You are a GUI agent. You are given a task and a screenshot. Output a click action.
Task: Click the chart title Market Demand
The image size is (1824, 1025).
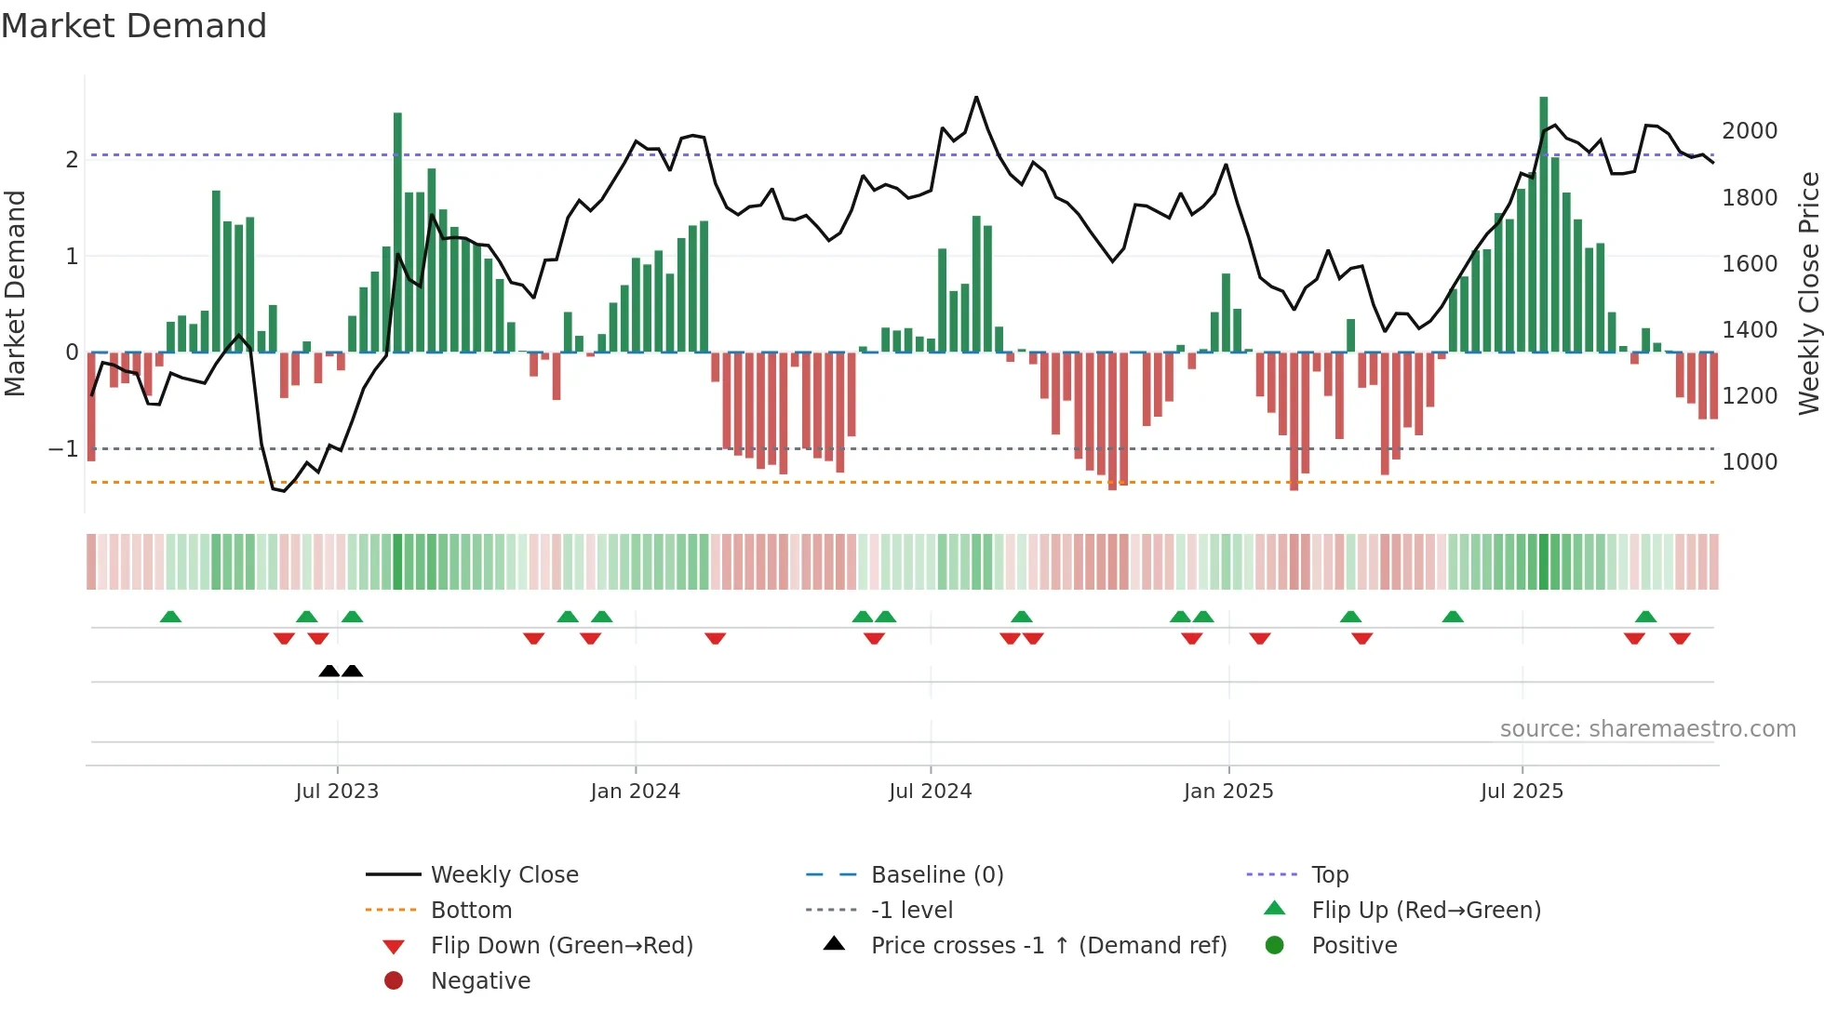134,26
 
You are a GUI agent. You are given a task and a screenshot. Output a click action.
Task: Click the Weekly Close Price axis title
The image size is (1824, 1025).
1808,293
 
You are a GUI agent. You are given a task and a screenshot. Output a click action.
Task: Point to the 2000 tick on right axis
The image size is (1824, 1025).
1750,131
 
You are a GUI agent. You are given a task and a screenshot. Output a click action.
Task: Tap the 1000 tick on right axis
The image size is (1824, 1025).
1750,462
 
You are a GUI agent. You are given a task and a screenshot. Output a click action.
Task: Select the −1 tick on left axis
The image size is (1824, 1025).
63,449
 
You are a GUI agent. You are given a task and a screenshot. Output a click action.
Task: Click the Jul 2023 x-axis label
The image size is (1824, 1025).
337,792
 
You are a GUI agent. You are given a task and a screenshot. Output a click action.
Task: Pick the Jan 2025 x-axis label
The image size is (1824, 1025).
1228,792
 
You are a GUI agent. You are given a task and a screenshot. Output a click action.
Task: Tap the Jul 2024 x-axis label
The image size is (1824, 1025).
930,792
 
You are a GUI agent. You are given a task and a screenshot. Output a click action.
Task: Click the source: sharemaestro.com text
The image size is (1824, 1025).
1647,729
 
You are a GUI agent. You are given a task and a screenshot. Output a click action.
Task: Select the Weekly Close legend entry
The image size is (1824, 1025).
503,875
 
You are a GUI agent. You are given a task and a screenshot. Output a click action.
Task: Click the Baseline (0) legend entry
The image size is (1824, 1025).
936,875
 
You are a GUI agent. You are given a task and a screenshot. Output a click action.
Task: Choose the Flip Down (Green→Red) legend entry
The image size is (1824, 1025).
561,946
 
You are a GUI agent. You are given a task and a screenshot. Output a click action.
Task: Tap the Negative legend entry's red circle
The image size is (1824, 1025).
394,981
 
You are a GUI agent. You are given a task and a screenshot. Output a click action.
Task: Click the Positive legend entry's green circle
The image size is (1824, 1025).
1275,946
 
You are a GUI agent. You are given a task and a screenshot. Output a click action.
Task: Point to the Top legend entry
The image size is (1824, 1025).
1329,875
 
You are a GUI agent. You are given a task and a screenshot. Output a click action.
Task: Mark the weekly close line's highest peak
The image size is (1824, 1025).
976,97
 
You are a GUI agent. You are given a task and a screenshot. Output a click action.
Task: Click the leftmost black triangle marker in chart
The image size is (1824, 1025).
329,671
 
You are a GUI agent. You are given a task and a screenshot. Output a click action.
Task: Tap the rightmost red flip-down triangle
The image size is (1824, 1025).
1680,638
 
